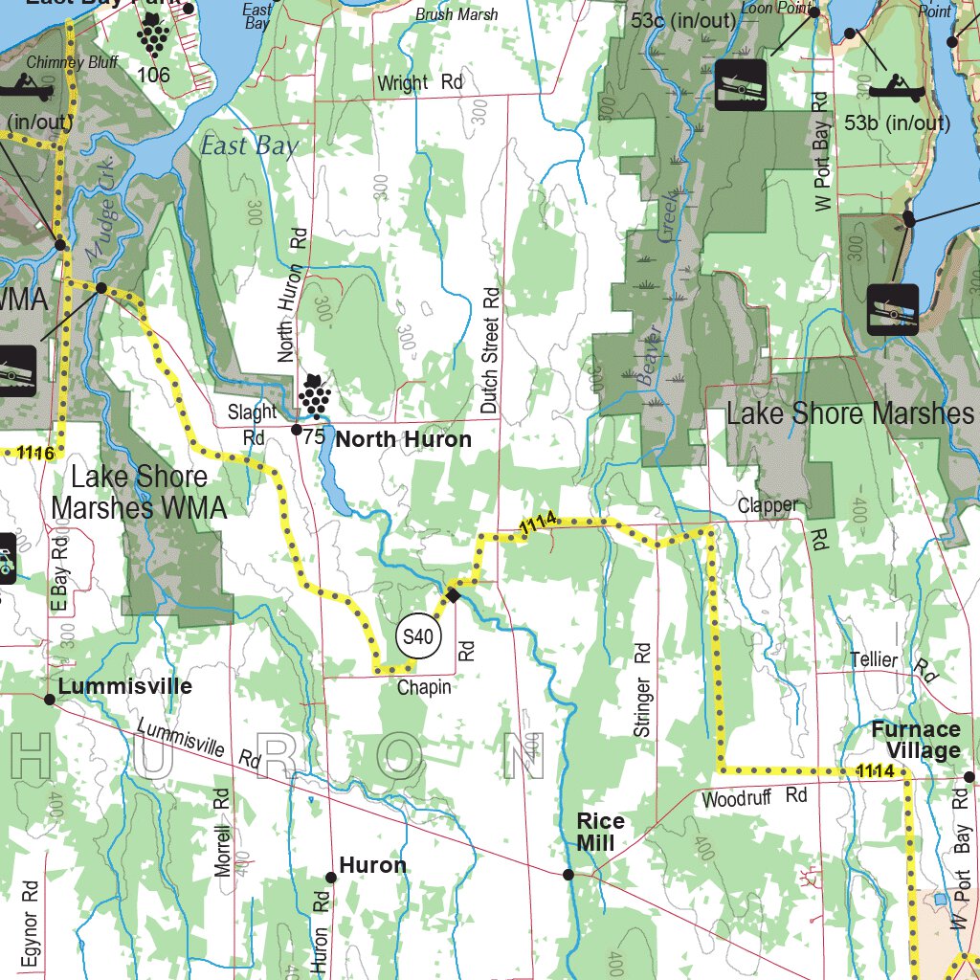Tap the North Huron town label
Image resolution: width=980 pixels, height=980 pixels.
[x=404, y=439]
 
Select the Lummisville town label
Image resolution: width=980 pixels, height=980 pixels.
[x=124, y=686]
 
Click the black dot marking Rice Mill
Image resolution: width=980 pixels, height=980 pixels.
[x=568, y=875]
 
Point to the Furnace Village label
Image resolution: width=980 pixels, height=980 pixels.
[x=915, y=740]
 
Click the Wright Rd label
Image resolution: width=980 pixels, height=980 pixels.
[x=419, y=83]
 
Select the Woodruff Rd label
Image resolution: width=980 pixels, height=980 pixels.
[x=754, y=797]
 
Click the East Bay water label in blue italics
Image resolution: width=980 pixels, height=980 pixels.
[x=249, y=145]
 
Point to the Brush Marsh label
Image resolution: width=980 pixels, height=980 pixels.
[x=457, y=14]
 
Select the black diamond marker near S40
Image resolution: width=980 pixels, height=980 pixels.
[x=454, y=595]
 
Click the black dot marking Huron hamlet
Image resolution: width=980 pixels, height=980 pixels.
[x=331, y=877]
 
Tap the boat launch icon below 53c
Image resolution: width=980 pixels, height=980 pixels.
[x=741, y=84]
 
